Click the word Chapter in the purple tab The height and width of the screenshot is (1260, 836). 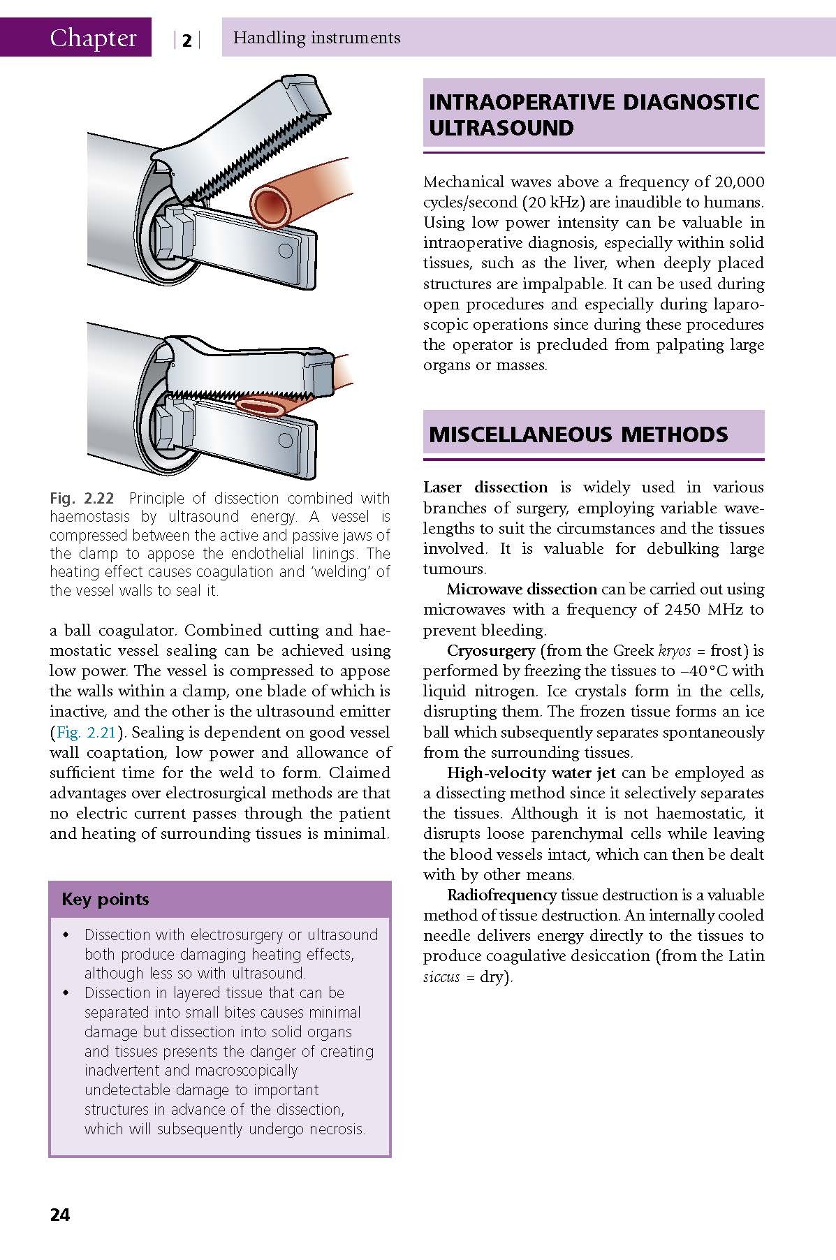(93, 38)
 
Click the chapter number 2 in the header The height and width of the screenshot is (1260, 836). (186, 41)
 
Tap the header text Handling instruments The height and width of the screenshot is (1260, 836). (316, 38)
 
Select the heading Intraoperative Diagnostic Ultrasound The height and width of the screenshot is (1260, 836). (593, 115)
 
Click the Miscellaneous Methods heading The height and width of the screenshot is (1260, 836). (578, 434)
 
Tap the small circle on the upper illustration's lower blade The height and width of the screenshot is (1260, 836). (284, 249)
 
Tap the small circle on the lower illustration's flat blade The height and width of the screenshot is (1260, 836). (286, 439)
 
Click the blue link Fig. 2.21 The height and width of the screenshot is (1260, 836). (84, 733)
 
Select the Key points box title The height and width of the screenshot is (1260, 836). (105, 899)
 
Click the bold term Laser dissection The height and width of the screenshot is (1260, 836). (485, 488)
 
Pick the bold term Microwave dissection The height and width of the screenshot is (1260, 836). (522, 589)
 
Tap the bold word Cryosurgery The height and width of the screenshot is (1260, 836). (491, 651)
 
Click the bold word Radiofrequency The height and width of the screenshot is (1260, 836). (501, 895)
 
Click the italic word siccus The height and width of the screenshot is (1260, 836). (441, 977)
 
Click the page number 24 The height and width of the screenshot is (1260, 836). (60, 1215)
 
